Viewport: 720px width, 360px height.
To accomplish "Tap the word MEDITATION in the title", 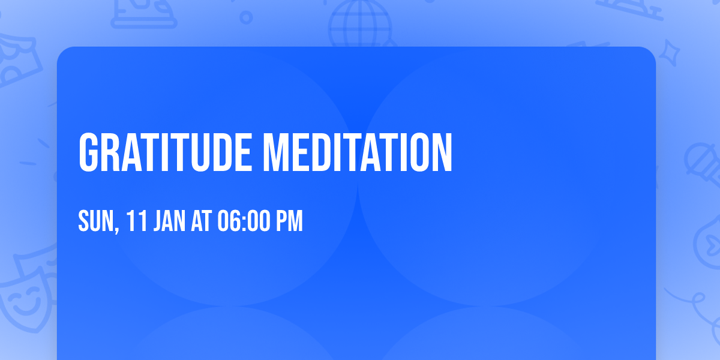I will [x=358, y=153].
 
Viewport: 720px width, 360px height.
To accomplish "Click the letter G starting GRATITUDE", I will [x=89, y=153].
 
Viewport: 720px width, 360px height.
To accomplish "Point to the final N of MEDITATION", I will [x=443, y=153].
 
